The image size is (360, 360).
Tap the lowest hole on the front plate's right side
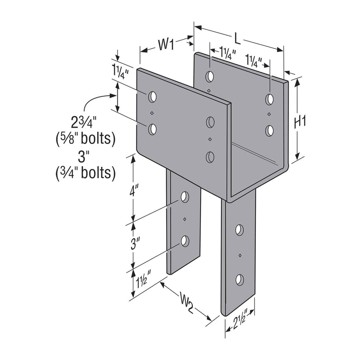click(x=210, y=156)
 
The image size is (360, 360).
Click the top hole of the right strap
click(x=239, y=229)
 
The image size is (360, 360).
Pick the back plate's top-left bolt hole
click(x=210, y=77)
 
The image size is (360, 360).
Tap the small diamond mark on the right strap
click(x=240, y=255)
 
